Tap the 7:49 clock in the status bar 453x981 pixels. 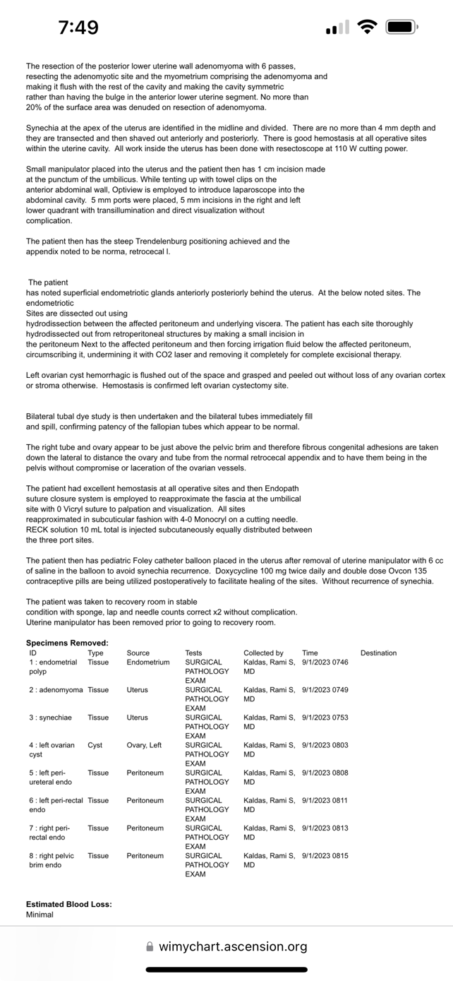pos(78,28)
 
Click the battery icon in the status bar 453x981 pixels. pos(402,28)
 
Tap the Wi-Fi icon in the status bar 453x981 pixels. pos(367,28)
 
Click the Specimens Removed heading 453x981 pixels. pos(67,643)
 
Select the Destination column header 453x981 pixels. pos(378,653)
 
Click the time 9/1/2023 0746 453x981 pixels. pos(325,662)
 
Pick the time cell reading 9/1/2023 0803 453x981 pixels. pos(325,745)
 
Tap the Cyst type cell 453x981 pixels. pos(95,745)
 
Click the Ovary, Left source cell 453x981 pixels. pos(144,745)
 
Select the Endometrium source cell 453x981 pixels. pos(148,662)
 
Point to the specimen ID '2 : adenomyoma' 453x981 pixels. pos(56,689)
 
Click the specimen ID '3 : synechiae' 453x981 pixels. pos(50,718)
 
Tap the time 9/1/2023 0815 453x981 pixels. pos(325,855)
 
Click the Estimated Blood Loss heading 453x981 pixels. pos(68,904)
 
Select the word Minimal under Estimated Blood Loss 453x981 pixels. pos(40,915)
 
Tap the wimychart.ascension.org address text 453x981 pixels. pos(233,946)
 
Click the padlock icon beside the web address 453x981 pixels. pos(150,946)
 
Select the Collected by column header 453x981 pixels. pos(263,653)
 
